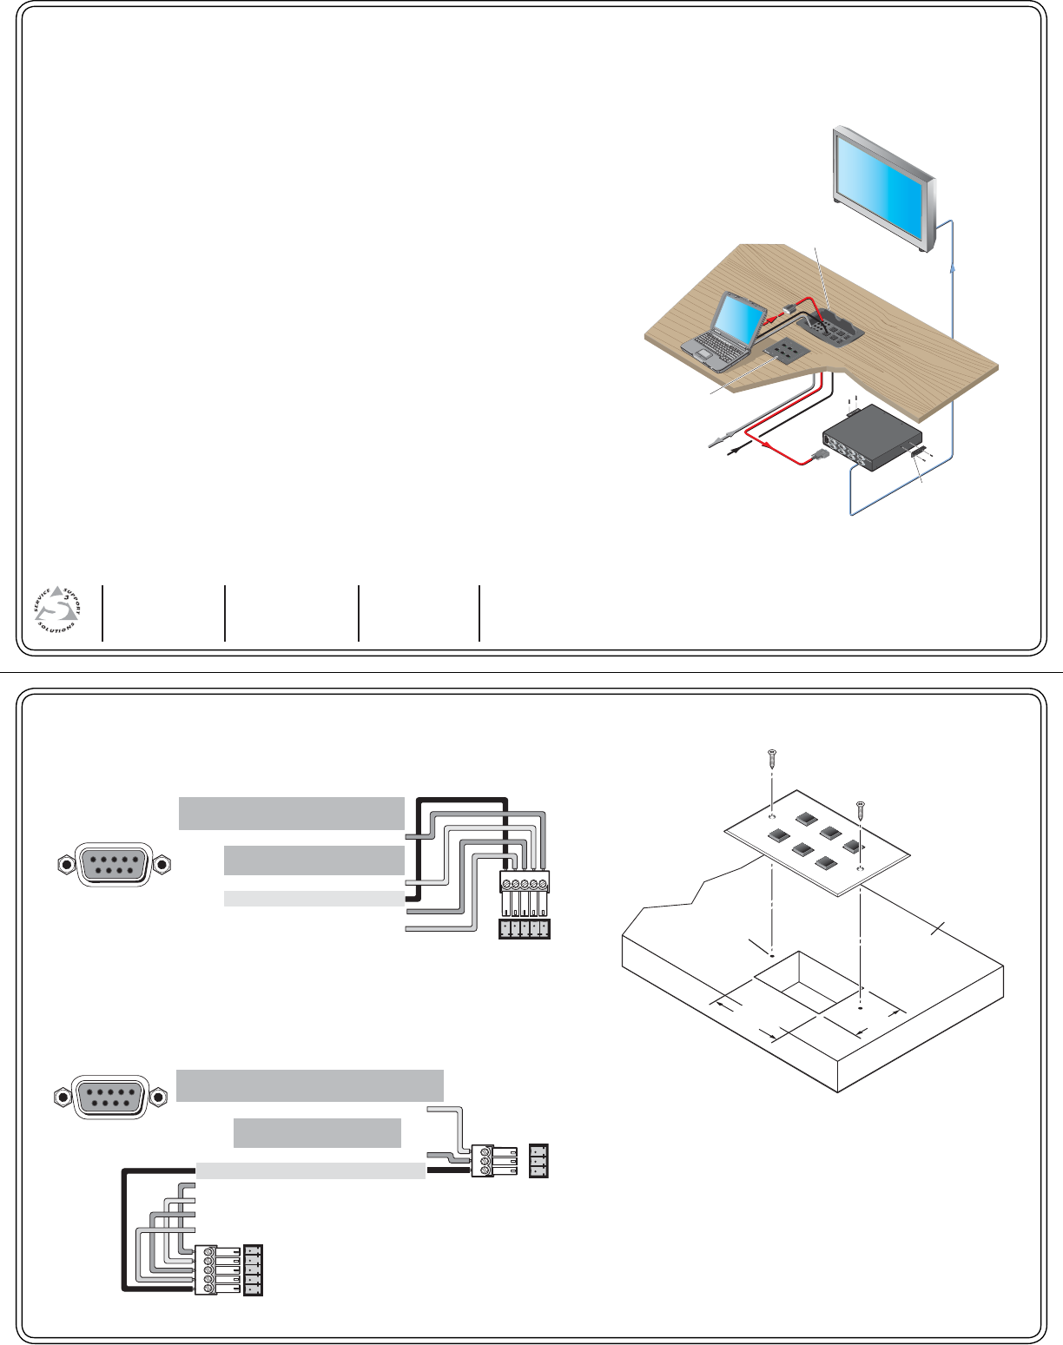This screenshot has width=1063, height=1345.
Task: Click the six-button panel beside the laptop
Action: click(786, 351)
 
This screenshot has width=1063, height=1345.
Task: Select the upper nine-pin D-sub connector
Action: click(113, 864)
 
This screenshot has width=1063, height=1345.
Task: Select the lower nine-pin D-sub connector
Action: click(109, 1097)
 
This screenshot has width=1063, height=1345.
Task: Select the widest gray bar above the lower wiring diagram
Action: click(310, 1085)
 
